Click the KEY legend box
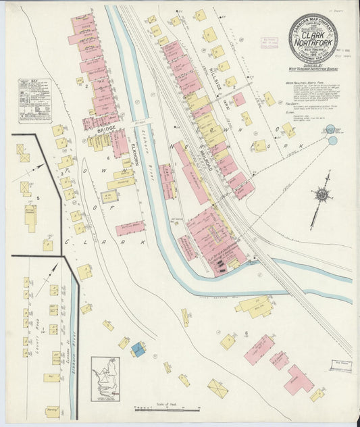pos(34,101)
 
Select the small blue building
pos(138,349)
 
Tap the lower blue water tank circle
pos(332,141)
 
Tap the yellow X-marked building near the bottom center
pos(217,388)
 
